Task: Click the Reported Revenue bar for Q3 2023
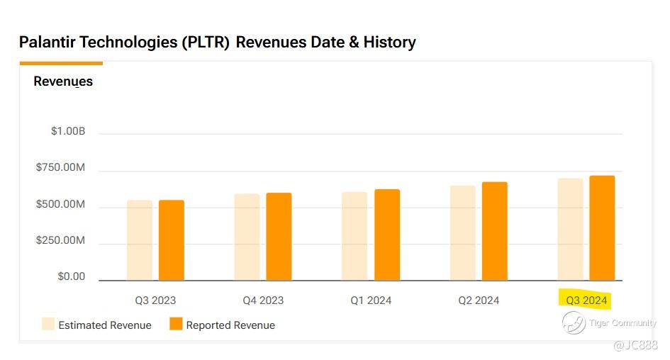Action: tap(171, 240)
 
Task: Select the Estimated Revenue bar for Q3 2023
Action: tap(140, 240)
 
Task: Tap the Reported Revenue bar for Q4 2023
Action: tap(279, 237)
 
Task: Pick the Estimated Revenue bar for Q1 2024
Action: tap(354, 236)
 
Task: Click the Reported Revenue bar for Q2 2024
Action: tap(494, 231)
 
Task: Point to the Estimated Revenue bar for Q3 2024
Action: tap(570, 230)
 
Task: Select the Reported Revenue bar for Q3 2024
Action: tap(602, 228)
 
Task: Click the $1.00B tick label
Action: tap(68, 131)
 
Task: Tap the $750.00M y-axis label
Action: tap(60, 168)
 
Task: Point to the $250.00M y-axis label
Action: tap(60, 240)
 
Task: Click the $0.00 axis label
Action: tap(72, 276)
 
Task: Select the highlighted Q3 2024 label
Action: tap(586, 300)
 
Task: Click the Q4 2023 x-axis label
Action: tap(263, 300)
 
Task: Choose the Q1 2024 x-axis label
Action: tap(371, 300)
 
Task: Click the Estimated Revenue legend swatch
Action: tap(48, 324)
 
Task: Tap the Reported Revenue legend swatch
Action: tap(176, 324)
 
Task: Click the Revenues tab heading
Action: tap(63, 81)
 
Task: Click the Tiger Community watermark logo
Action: tap(574, 323)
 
